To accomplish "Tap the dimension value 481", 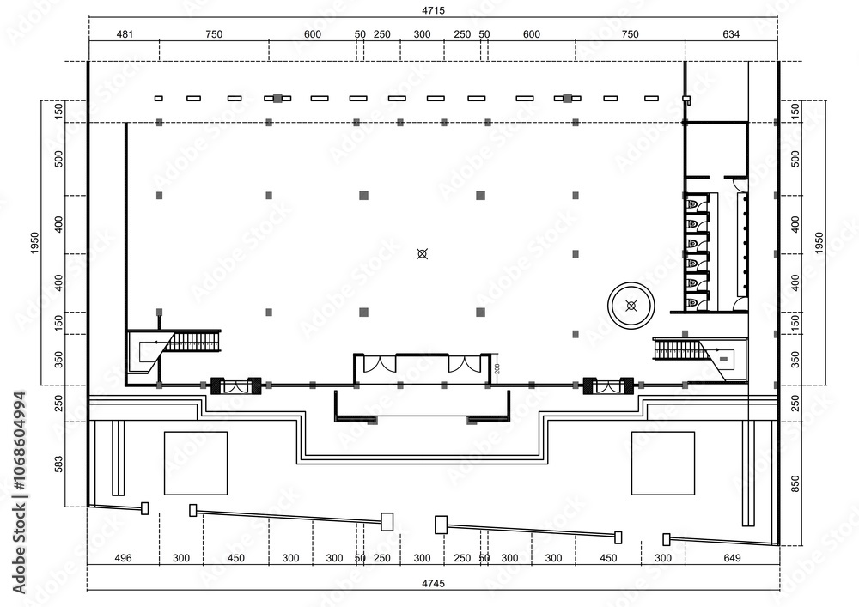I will pyautogui.click(x=125, y=34).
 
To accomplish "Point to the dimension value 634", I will pyautogui.click(x=731, y=34).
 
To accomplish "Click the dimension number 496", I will pyautogui.click(x=123, y=558).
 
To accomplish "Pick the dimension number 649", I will pyautogui.click(x=732, y=558).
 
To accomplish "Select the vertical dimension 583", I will pyautogui.click(x=59, y=464).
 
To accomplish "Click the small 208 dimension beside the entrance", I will pyautogui.click(x=497, y=368).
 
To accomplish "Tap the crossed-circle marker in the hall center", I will pyautogui.click(x=422, y=253).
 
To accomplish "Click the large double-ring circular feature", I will pyautogui.click(x=632, y=305).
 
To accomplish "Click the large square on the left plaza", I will pyautogui.click(x=196, y=463).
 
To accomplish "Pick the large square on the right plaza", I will pyautogui.click(x=662, y=463).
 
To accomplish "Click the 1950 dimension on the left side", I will pyautogui.click(x=35, y=243).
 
